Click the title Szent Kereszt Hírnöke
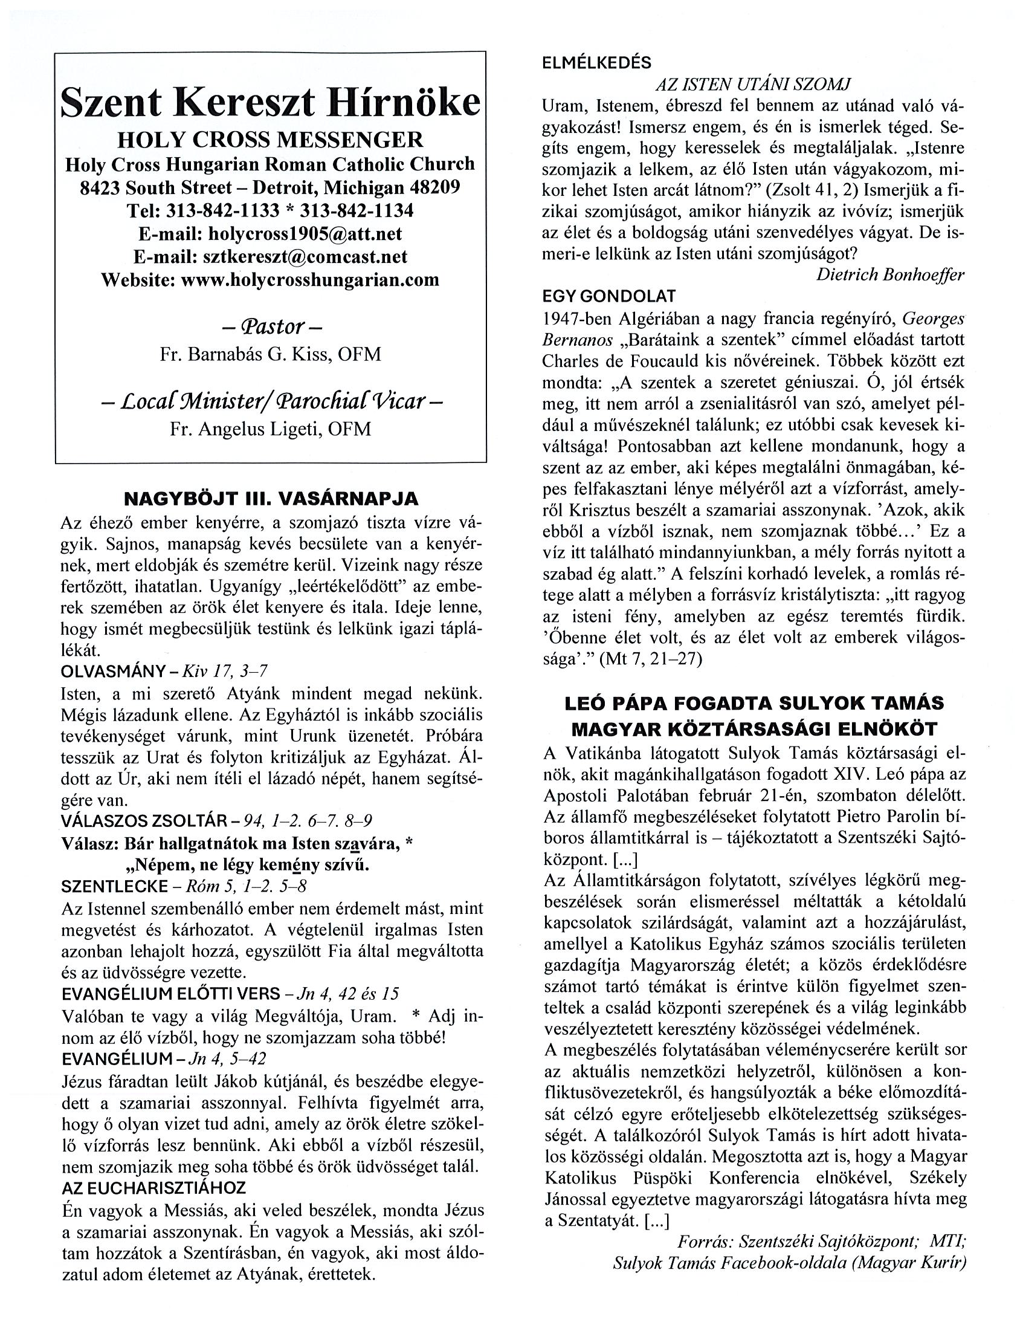[271, 102]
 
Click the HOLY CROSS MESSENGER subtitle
[271, 140]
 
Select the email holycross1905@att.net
[305, 233]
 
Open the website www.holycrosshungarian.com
[310, 280]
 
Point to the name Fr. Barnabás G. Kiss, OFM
[271, 354]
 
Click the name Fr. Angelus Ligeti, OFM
[271, 429]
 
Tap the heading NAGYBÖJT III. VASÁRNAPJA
[271, 499]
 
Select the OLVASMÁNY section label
[114, 671]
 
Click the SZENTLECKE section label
[115, 887]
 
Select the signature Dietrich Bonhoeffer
[889, 275]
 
